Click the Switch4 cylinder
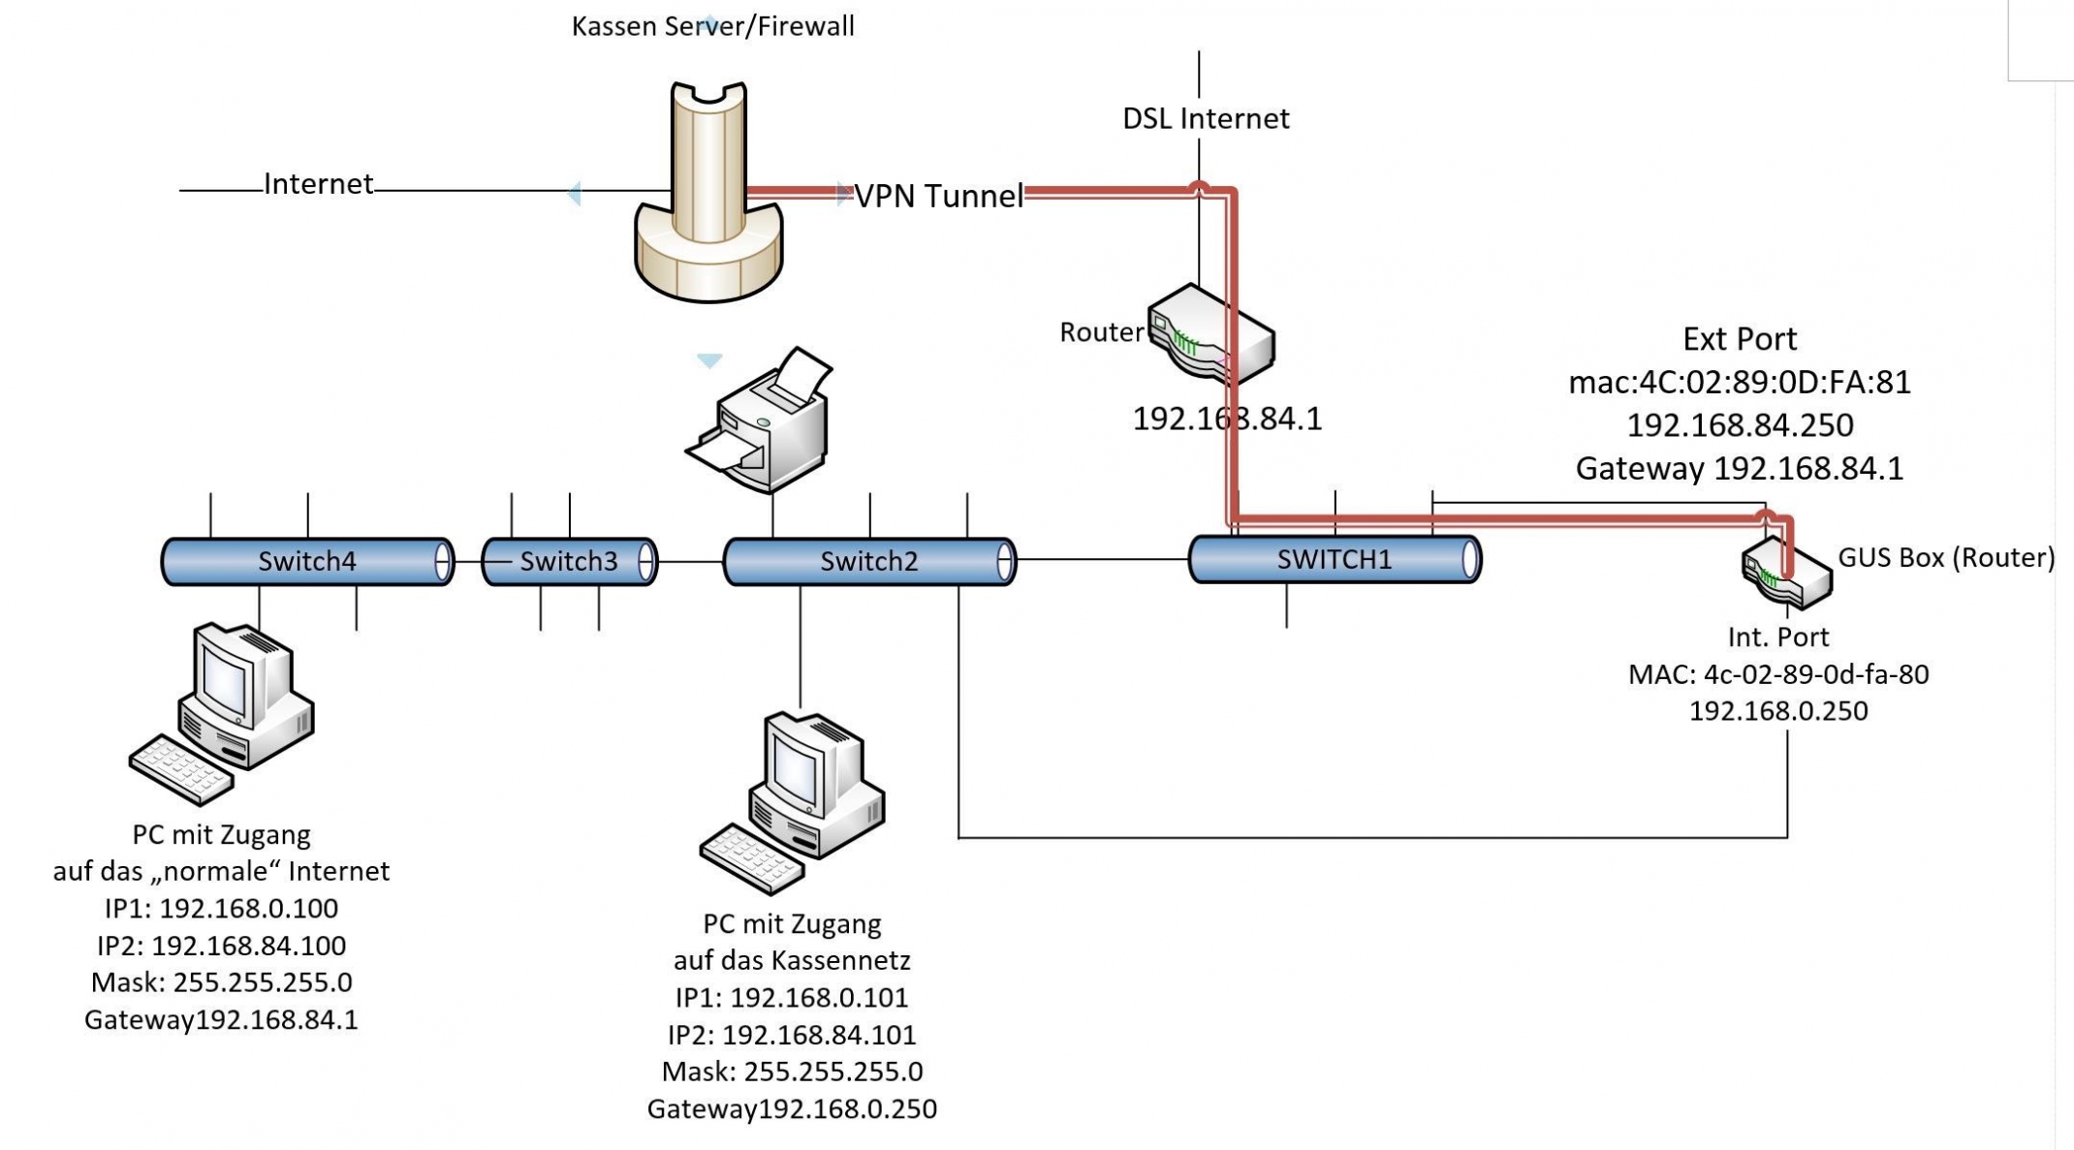(306, 562)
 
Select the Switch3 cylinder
(569, 562)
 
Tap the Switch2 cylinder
(868, 562)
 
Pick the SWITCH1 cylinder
(1334, 560)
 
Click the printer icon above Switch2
(763, 422)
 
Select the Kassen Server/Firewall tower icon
(708, 194)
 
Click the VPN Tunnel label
(937, 197)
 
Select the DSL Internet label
(1205, 119)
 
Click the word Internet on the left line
(318, 184)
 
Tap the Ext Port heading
(1739, 339)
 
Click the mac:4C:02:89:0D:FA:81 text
(1739, 383)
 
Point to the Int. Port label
(1777, 637)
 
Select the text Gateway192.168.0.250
(791, 1109)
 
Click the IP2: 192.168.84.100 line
(221, 946)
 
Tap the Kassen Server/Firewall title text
(712, 26)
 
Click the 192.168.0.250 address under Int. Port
(1777, 711)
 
